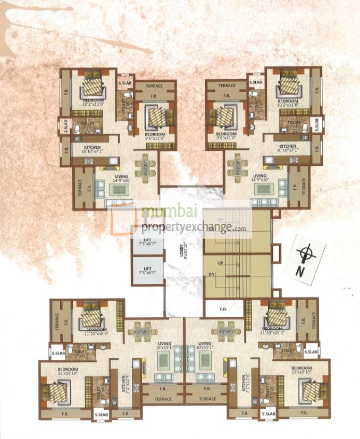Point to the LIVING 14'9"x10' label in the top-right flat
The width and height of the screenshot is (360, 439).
tap(261, 178)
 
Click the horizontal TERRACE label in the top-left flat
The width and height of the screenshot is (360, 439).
tap(155, 86)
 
